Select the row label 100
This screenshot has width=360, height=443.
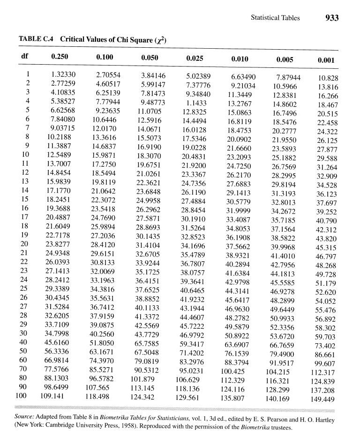tap(24, 395)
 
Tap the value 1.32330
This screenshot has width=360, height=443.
tap(63, 74)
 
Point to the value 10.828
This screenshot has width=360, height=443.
tap(328, 78)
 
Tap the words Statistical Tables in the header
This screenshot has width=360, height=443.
tap(275, 18)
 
